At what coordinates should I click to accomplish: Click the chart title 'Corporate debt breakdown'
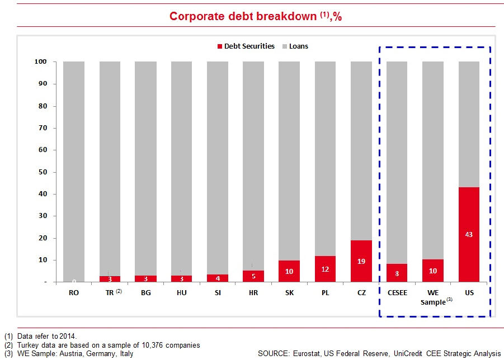pos(243,16)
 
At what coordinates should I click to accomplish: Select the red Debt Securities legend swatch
pos(220,46)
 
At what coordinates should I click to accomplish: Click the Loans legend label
pos(298,46)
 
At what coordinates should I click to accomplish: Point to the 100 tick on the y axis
pos(43,61)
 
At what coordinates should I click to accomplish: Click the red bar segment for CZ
pos(361,261)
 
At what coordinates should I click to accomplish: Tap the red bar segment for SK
pos(289,271)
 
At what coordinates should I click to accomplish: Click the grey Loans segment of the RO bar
pos(74,168)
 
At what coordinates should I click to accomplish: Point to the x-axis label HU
pos(181,292)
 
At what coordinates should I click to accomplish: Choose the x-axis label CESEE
pos(397,292)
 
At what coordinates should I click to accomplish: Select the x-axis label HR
pos(253,292)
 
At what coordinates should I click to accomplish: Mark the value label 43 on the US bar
pos(469,234)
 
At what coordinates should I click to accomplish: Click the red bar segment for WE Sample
pos(432,271)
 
